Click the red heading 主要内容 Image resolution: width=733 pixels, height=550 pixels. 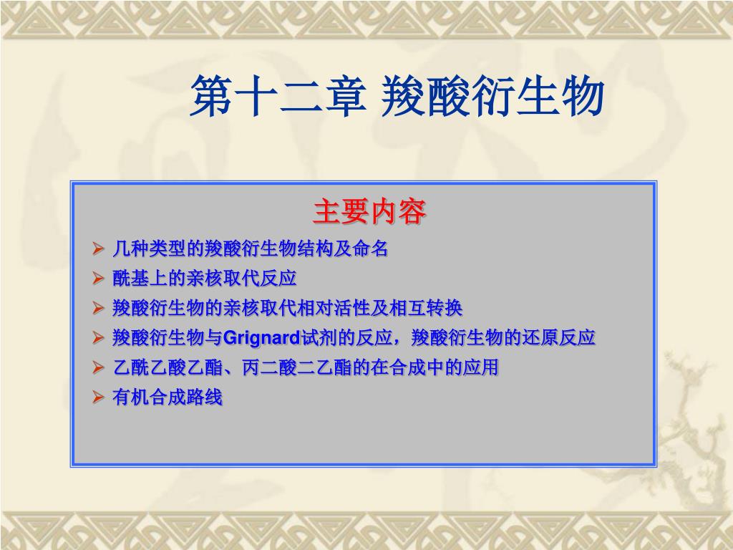tap(369, 211)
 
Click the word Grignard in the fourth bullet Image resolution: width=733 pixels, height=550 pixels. tap(261, 338)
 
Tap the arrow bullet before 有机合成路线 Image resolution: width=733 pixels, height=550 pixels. tap(98, 397)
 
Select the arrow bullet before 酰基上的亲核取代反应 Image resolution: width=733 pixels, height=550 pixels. tap(98, 279)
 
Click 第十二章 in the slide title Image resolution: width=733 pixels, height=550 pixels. tap(278, 97)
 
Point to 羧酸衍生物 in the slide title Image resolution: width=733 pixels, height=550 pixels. tap(492, 97)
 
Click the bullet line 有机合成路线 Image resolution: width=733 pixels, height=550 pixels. tap(168, 397)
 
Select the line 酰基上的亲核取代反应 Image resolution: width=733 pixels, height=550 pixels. tap(204, 279)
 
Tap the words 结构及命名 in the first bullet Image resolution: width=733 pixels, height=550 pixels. tap(341, 249)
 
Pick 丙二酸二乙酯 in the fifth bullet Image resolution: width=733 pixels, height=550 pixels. tap(296, 367)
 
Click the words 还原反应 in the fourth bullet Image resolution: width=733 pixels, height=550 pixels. tap(558, 338)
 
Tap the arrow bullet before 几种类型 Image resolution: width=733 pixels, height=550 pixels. tap(98, 249)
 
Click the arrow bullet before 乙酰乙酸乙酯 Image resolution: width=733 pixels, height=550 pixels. tap(98, 367)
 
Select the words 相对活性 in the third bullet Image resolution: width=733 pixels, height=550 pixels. tap(334, 308)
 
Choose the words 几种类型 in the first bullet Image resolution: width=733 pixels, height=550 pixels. tap(149, 249)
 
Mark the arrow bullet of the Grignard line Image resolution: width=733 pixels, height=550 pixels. tap(98, 338)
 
